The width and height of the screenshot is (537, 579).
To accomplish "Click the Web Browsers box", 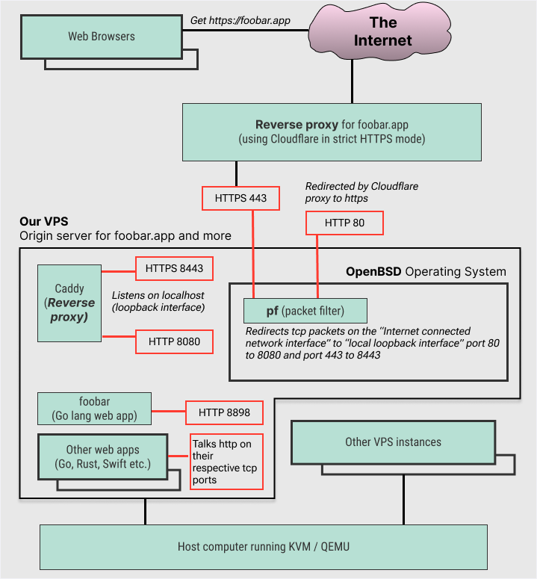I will pos(102,36).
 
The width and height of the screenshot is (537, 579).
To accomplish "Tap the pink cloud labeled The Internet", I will pos(382,32).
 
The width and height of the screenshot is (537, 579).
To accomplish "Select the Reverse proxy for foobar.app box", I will pos(331,131).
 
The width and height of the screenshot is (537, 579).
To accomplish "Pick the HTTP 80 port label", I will pos(344,223).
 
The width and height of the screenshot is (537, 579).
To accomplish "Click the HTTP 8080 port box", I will pos(174,341).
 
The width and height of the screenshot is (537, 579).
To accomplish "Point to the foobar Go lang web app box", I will pos(94,408).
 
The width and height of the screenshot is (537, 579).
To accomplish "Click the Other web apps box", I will pos(102,456).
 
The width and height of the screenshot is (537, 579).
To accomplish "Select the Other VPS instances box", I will pos(393,442).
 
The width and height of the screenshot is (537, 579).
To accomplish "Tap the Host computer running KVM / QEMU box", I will pos(263,546).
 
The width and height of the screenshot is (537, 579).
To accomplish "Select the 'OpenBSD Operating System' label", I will pos(426,271).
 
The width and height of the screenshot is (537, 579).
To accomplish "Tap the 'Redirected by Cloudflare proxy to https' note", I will pos(353,192).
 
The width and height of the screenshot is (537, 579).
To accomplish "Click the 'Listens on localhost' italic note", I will pos(158,301).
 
